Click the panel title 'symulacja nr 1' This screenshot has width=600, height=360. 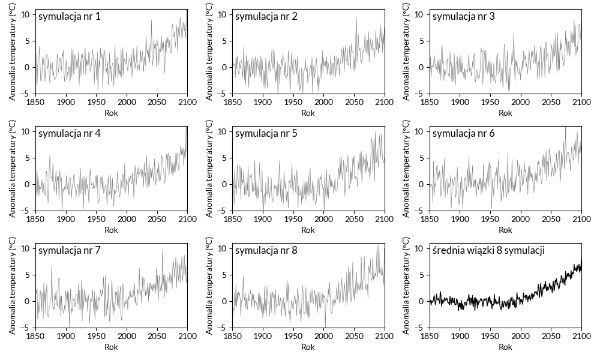69,17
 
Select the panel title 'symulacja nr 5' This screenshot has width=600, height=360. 266,134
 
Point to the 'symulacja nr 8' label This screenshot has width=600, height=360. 266,251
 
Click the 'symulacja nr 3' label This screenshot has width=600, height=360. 463,17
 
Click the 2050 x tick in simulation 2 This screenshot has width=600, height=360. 354,103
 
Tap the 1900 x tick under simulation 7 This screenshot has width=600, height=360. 66,337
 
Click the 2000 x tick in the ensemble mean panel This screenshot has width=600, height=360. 520,337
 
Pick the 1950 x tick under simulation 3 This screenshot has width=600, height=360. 490,103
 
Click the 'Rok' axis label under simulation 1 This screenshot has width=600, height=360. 111,113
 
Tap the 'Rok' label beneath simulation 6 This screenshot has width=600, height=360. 505,230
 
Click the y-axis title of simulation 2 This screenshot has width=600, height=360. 210,52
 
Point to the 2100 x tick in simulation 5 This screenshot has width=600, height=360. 384,220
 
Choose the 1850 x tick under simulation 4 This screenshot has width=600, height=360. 35,220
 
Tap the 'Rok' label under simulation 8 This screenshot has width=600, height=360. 308,347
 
